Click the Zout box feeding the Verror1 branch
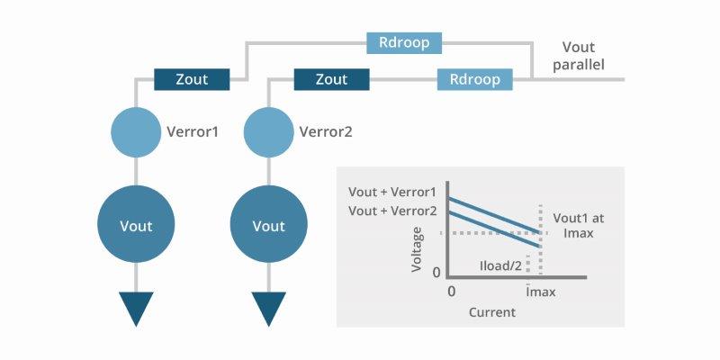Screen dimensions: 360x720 pyautogui.click(x=192, y=79)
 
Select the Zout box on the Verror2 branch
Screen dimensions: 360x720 pyautogui.click(x=331, y=79)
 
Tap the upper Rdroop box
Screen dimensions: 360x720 pyautogui.click(x=403, y=41)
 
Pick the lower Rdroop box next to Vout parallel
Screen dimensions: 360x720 pyautogui.click(x=474, y=79)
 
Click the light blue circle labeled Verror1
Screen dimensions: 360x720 pyautogui.click(x=135, y=132)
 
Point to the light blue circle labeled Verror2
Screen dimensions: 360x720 pyautogui.click(x=269, y=132)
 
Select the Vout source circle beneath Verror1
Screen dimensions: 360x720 pyautogui.click(x=136, y=225)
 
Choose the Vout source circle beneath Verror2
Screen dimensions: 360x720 pyautogui.click(x=269, y=225)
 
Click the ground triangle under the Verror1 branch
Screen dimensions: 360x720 pyautogui.click(x=136, y=310)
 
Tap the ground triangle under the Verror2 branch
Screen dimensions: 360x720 pyautogui.click(x=269, y=310)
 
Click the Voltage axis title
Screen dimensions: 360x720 pyautogui.click(x=417, y=249)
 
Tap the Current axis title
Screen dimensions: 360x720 pyautogui.click(x=491, y=312)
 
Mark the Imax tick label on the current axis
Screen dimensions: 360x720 pyautogui.click(x=539, y=292)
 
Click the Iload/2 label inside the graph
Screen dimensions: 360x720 pyautogui.click(x=499, y=266)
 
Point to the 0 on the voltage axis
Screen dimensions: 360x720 pyautogui.click(x=436, y=273)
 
